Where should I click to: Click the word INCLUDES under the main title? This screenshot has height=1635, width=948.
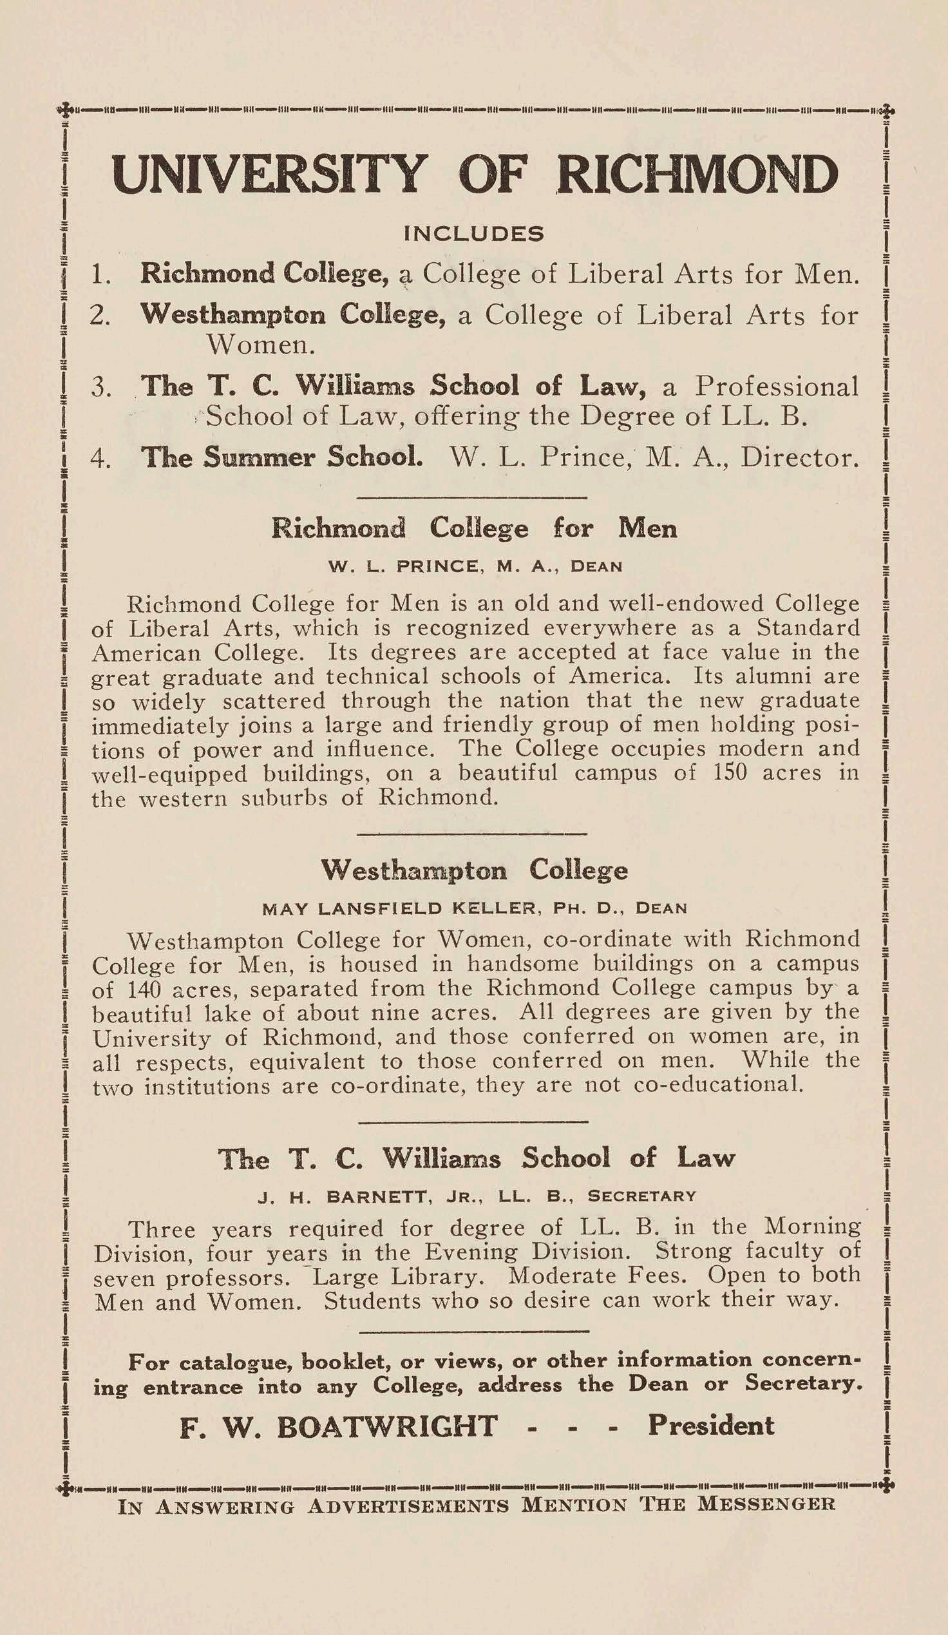[x=473, y=234]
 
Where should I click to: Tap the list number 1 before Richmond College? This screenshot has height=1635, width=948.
[x=100, y=275]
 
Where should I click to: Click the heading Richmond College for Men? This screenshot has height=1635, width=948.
[x=474, y=528]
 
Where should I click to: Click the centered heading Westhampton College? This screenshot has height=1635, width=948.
[x=474, y=870]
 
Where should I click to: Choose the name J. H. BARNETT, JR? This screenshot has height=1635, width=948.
[x=361, y=1196]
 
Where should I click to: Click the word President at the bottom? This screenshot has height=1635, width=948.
[x=712, y=1426]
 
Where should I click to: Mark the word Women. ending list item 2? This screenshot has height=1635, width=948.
[x=260, y=345]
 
